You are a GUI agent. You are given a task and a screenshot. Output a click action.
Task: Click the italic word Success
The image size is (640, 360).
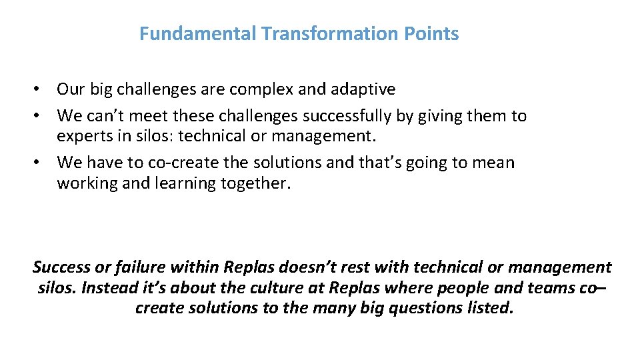(61, 267)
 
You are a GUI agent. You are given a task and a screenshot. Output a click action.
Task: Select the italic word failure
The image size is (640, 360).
(140, 267)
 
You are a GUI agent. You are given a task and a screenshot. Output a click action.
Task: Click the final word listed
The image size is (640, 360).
(491, 309)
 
